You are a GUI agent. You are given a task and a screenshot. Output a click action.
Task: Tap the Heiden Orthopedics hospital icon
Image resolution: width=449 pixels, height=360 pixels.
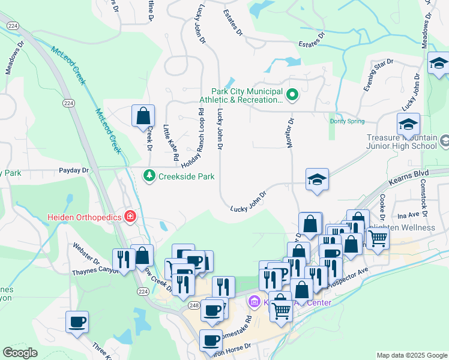click(130, 215)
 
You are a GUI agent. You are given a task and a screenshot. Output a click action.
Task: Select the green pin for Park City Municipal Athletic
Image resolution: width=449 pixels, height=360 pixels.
click(292, 94)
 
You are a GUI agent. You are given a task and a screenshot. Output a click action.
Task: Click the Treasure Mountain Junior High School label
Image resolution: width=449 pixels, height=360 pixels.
click(401, 141)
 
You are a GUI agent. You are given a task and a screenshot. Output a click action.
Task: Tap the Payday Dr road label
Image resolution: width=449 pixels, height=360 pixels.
click(74, 170)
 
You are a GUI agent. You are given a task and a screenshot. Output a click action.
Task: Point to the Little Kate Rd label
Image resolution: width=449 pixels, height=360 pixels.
click(171, 142)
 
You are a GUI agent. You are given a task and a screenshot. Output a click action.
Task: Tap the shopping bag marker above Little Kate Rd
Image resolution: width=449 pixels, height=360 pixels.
click(143, 115)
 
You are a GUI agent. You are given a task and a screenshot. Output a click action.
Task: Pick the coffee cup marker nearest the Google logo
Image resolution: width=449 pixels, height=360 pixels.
click(77, 321)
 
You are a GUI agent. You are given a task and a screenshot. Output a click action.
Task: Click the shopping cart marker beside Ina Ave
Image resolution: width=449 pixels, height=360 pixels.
click(378, 239)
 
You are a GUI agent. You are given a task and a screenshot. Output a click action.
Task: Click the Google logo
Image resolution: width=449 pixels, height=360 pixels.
click(20, 353)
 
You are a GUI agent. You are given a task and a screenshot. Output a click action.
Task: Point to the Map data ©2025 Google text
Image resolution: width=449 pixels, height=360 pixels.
click(411, 355)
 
